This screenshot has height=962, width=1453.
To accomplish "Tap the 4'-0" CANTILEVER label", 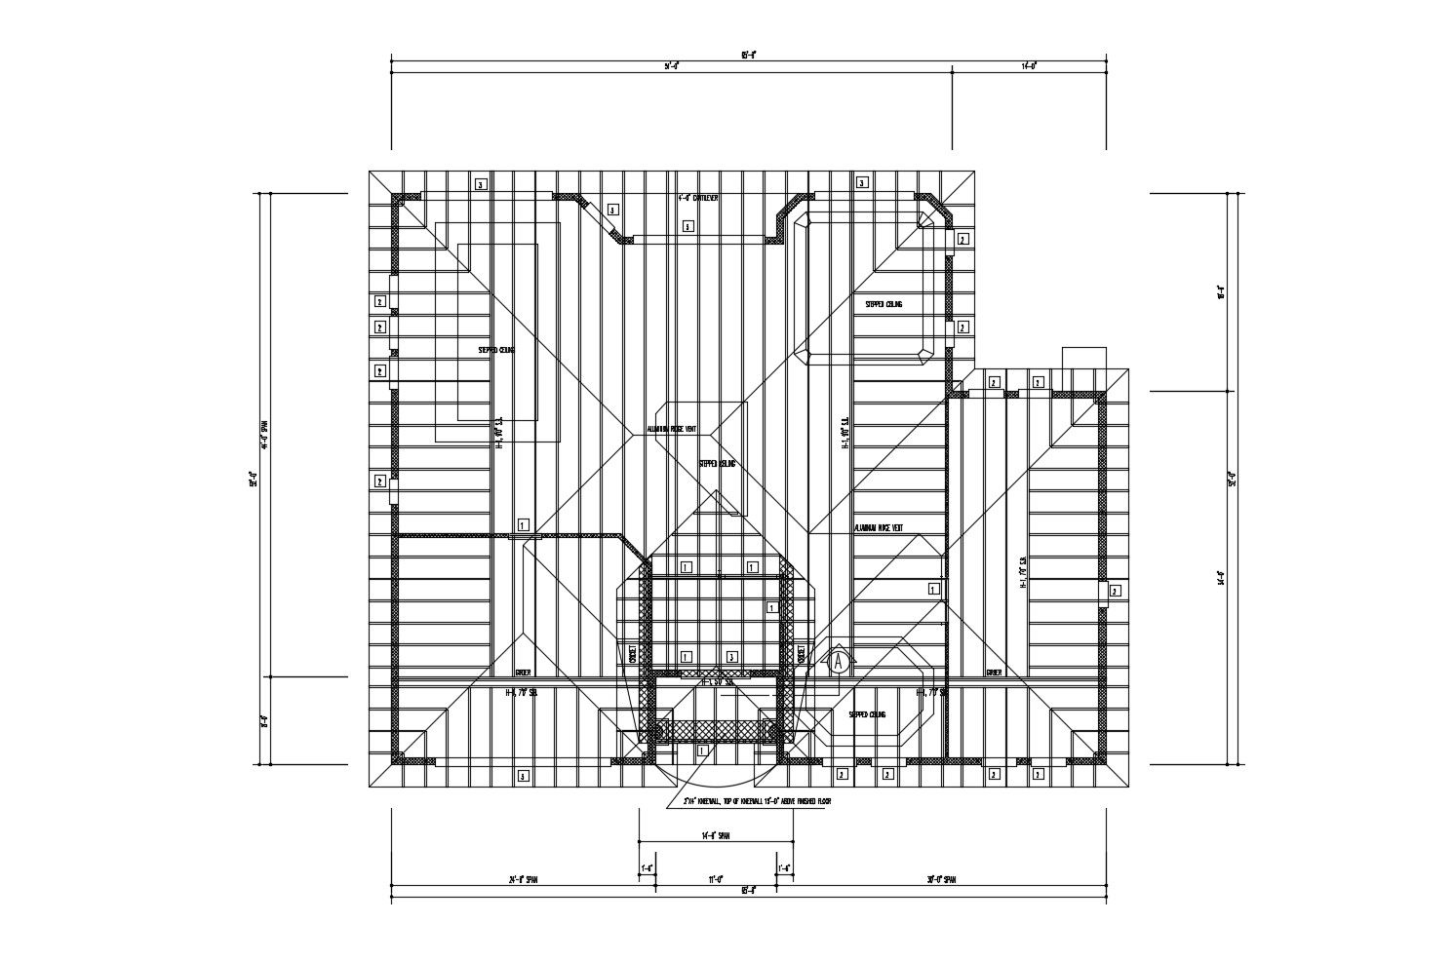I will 698,198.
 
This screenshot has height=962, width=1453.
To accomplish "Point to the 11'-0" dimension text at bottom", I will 715,878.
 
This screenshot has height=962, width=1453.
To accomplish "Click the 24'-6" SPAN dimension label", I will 523,879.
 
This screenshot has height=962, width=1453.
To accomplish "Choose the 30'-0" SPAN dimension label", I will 941,879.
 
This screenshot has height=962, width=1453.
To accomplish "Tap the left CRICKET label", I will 631,653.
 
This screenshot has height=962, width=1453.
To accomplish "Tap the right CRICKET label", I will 801,653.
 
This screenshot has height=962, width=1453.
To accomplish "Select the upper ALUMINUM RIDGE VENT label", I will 672,429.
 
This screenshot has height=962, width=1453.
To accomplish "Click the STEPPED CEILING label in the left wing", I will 496,350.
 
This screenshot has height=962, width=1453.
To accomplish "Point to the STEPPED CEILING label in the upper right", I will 884,304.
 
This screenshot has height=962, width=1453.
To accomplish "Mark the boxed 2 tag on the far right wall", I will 1115,590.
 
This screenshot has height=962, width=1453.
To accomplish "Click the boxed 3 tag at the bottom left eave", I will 523,776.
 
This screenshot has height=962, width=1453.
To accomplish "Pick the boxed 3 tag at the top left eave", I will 480,183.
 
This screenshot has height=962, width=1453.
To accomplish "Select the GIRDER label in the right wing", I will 994,673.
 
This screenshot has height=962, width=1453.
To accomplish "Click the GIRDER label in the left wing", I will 523,673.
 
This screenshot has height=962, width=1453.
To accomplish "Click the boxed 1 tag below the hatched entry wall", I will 702,750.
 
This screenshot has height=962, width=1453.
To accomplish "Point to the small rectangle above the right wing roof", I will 1083,357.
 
